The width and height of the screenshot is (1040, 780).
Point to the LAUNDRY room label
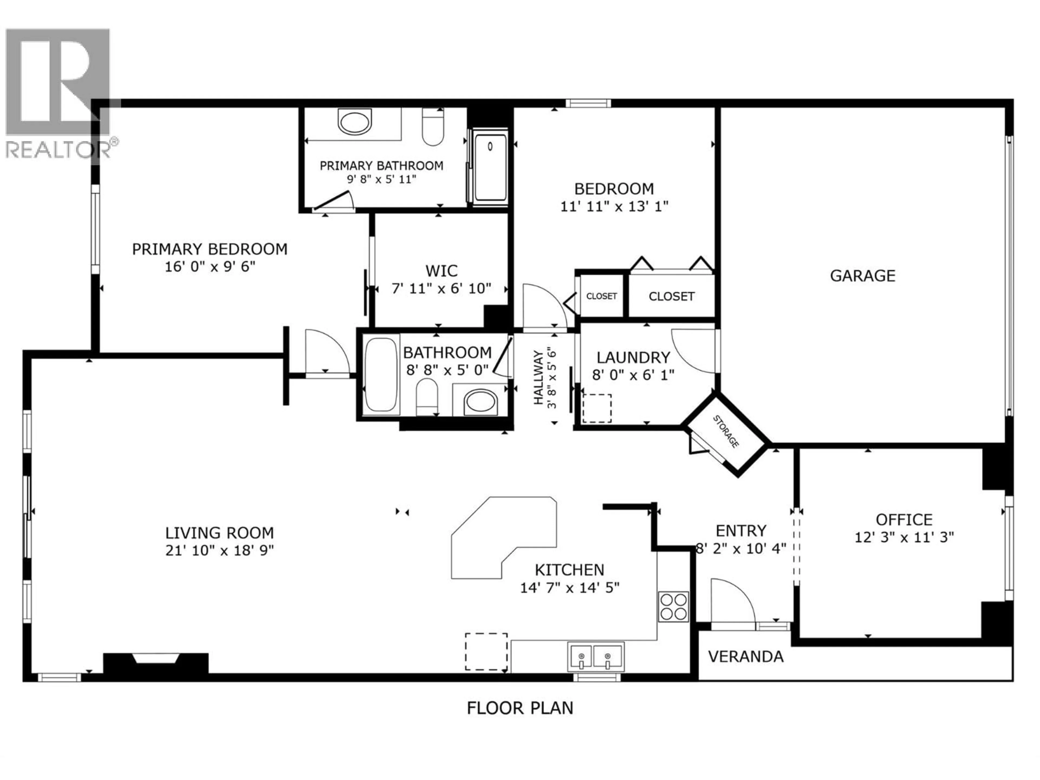point(633,358)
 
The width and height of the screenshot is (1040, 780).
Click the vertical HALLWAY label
point(538,377)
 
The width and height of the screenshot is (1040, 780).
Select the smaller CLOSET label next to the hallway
point(601,296)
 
